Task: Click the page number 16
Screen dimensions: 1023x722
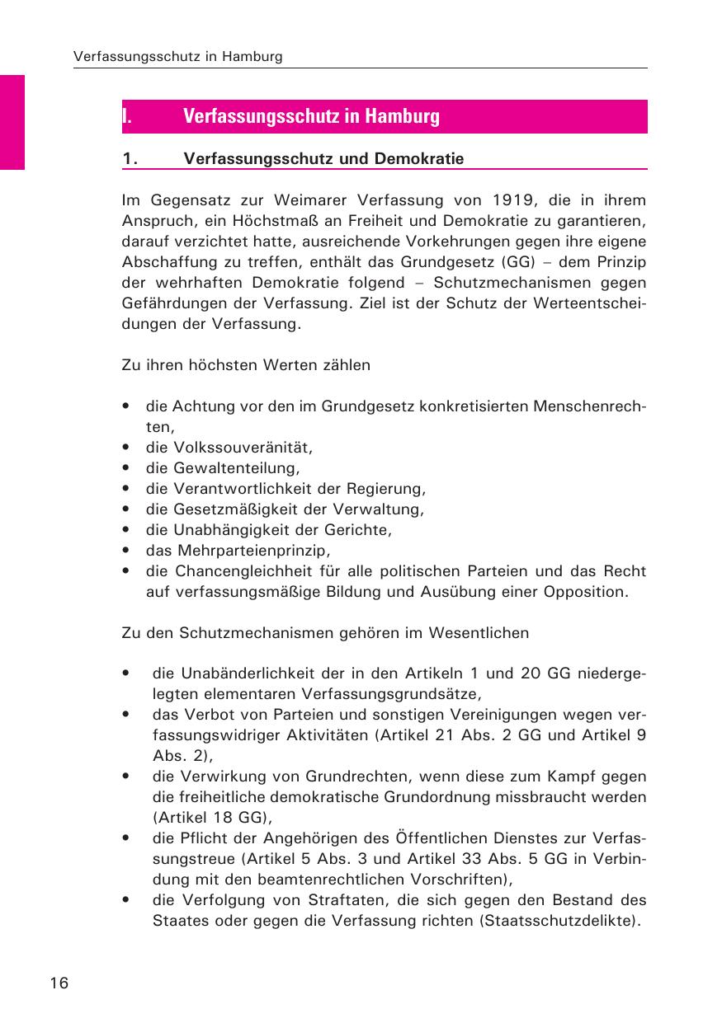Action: (x=59, y=983)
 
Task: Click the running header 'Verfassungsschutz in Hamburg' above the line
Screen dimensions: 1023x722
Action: (x=178, y=57)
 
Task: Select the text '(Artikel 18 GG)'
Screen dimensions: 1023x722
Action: (x=213, y=817)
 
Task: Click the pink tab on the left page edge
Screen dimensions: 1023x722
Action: (x=12, y=122)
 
